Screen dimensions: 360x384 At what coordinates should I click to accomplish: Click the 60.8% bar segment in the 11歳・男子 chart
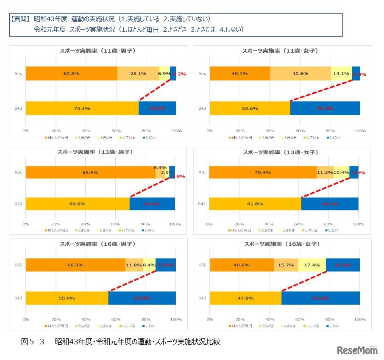[71, 73]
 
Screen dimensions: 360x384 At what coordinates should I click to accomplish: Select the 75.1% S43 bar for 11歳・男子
[82, 108]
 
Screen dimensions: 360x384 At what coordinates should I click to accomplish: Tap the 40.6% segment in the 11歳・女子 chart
[300, 73]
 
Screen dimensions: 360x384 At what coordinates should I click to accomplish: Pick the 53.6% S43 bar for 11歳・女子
[250, 108]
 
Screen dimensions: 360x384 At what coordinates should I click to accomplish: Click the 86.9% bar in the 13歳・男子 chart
[90, 172]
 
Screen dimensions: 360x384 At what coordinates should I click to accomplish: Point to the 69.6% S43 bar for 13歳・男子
[78, 204]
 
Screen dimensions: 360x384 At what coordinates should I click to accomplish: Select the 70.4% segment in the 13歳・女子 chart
[263, 172]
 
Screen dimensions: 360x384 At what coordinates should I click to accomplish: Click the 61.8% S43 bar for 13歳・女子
[255, 204]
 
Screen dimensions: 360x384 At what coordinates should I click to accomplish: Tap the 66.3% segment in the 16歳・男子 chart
[75, 265]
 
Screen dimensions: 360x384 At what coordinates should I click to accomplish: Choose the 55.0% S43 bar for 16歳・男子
[67, 298]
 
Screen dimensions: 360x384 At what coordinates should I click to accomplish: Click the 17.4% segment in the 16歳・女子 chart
[312, 265]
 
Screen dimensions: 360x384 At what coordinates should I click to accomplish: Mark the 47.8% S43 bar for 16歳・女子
[245, 298]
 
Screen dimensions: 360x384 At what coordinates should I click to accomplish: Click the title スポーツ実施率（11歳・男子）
[100, 51]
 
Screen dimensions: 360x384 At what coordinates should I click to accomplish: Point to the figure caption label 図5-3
[33, 341]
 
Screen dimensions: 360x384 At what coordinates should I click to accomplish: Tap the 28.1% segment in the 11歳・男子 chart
[138, 73]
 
